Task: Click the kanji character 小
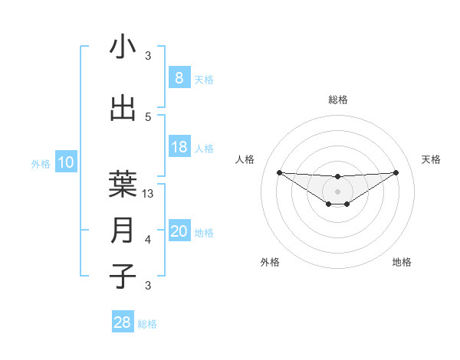coord(123,47)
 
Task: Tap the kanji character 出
coord(123,108)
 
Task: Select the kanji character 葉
coord(123,182)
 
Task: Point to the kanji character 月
coord(123,230)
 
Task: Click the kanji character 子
coord(123,276)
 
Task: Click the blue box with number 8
coord(179,77)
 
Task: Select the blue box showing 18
coord(179,147)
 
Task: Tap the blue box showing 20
coord(179,231)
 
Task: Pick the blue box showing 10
coord(66,162)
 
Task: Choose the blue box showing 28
coord(123,322)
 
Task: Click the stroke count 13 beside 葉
coord(149,194)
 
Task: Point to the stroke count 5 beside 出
coord(148,116)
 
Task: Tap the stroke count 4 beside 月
coord(148,240)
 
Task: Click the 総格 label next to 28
coord(147,324)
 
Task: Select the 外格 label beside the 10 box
coord(40,164)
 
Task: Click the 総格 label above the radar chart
coord(337,100)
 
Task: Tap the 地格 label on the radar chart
coord(402,262)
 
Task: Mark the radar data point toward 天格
coord(396,172)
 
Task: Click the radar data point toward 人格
coord(279,172)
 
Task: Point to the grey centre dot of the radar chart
coord(337,191)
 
